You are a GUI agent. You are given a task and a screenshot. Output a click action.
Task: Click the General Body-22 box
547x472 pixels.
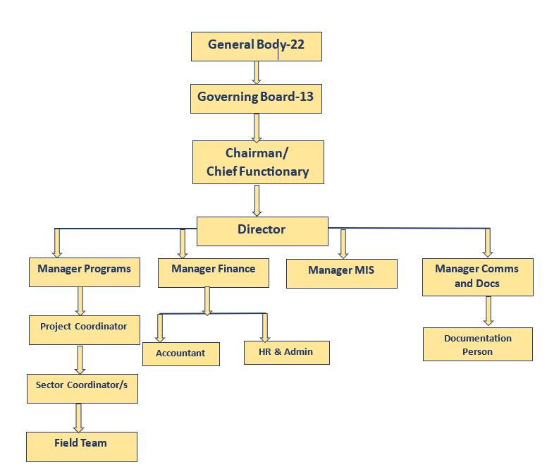click(x=257, y=47)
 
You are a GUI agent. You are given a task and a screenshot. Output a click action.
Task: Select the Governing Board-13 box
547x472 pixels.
click(x=256, y=99)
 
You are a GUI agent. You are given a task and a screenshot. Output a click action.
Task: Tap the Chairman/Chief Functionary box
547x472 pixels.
click(x=258, y=162)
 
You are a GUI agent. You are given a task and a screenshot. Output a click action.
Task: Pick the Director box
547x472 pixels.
click(x=262, y=231)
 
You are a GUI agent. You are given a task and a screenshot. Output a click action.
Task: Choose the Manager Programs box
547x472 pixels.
click(x=85, y=272)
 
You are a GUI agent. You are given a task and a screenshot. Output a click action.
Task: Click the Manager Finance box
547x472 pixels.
click(x=214, y=273)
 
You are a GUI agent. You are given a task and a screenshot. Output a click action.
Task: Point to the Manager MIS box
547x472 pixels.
click(x=342, y=274)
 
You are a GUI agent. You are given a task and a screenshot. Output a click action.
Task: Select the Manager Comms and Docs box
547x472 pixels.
click(x=478, y=277)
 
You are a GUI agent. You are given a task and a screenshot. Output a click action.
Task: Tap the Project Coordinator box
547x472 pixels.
click(x=85, y=330)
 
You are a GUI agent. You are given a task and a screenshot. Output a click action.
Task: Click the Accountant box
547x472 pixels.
click(x=181, y=354)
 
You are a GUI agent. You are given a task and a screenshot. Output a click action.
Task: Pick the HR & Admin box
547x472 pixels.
click(x=287, y=353)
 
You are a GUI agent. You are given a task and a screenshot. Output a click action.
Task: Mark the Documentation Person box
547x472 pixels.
click(x=478, y=344)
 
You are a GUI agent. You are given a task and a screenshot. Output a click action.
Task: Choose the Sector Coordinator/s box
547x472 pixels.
click(x=82, y=389)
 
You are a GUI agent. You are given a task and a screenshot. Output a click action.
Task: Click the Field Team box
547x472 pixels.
click(x=82, y=447)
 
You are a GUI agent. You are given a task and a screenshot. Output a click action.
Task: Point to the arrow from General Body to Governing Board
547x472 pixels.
click(x=257, y=73)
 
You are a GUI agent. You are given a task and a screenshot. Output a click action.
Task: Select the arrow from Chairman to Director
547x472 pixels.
click(x=257, y=201)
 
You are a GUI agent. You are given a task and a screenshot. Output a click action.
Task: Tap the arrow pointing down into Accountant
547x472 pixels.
click(x=160, y=328)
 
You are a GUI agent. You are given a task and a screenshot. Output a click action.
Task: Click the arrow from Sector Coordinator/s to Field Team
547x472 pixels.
click(x=78, y=418)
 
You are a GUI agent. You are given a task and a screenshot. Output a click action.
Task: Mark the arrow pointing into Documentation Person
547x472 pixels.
click(x=488, y=311)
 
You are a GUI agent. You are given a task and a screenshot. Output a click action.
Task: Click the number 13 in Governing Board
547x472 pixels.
click(x=307, y=97)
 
